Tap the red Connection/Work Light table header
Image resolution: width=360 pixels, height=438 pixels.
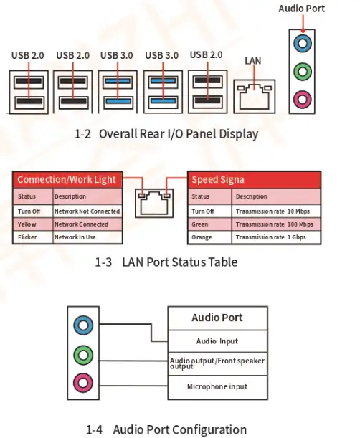pyautogui.click(x=67, y=180)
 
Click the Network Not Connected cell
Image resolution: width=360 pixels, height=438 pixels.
pyautogui.click(x=87, y=211)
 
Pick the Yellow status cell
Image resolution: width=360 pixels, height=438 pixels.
pyautogui.click(x=33, y=224)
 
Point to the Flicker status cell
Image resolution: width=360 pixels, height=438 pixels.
pyautogui.click(x=33, y=237)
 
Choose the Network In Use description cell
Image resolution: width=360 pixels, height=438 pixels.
pyautogui.click(x=87, y=237)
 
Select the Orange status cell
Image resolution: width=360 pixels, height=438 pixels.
pyautogui.click(x=210, y=237)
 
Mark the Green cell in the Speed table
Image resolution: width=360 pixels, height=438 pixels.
pyautogui.click(x=210, y=224)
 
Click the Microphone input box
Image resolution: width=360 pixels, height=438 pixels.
pyautogui.click(x=217, y=387)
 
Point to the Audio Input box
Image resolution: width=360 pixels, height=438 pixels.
pyautogui.click(x=217, y=341)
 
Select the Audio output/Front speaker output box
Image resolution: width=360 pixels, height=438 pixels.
pyautogui.click(x=217, y=364)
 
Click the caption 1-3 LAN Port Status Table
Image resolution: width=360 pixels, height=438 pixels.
pyautogui.click(x=166, y=262)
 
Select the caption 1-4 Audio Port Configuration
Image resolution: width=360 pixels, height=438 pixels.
pyautogui.click(x=166, y=429)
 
